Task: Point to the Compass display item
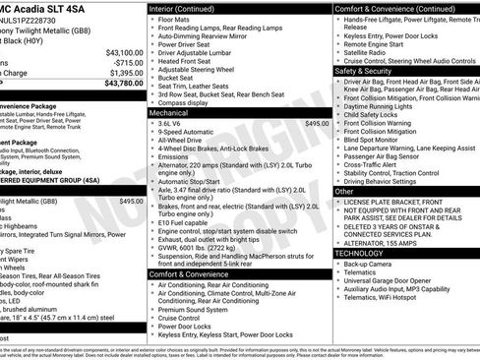point(184,102)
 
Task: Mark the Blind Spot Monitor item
point(375,139)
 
